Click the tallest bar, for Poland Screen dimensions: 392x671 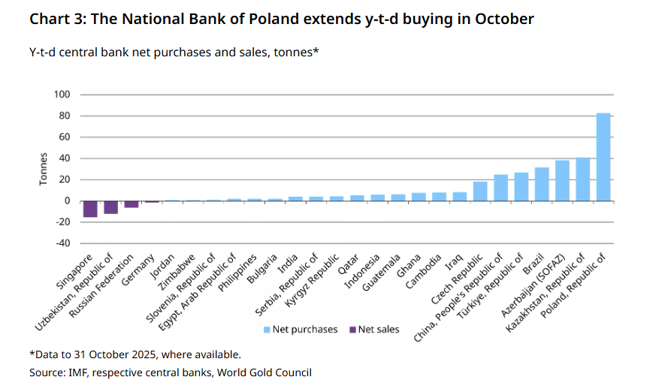[x=603, y=157]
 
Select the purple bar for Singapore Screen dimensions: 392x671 [x=90, y=209]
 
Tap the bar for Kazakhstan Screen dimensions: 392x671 [x=582, y=179]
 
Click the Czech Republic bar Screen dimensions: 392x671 [x=480, y=191]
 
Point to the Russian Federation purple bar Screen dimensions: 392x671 [x=131, y=204]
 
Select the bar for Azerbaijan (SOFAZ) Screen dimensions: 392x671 [x=562, y=181]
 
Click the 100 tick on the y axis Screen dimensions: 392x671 [x=61, y=95]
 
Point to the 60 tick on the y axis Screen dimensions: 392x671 [x=63, y=137]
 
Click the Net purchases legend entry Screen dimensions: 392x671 [x=300, y=329]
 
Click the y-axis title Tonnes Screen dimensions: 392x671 [x=44, y=169]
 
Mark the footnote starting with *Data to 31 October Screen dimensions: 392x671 [x=135, y=354]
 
